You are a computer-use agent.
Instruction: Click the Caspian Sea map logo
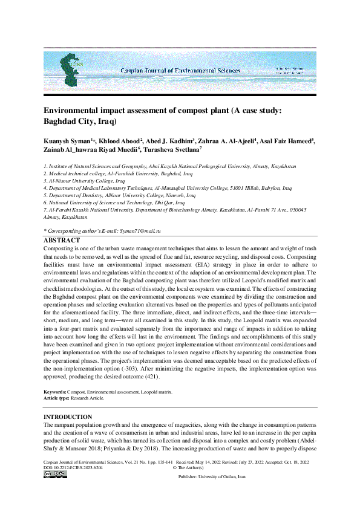[x=70, y=70]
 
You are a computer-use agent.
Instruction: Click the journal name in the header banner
[x=180, y=71]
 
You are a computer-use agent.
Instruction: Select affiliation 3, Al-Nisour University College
[x=84, y=181]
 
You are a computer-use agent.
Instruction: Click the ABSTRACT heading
[x=61, y=240]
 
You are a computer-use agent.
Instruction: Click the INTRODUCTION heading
[x=68, y=417]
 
